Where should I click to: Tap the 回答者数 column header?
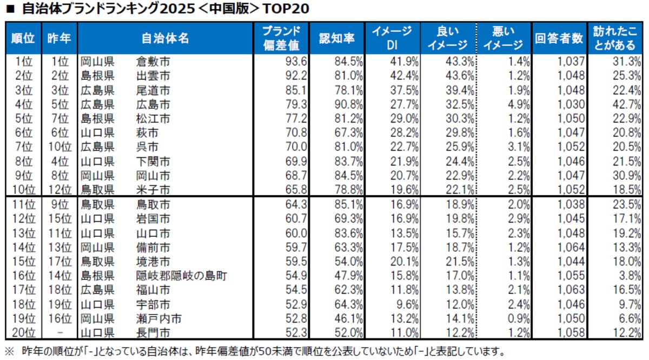coord(559,38)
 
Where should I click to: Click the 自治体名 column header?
coord(165,38)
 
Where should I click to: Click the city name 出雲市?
coord(153,75)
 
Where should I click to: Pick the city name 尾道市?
coord(153,90)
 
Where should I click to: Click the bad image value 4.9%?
coord(516,104)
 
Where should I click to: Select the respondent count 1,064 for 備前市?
coord(571,248)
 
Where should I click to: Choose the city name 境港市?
coord(153,262)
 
